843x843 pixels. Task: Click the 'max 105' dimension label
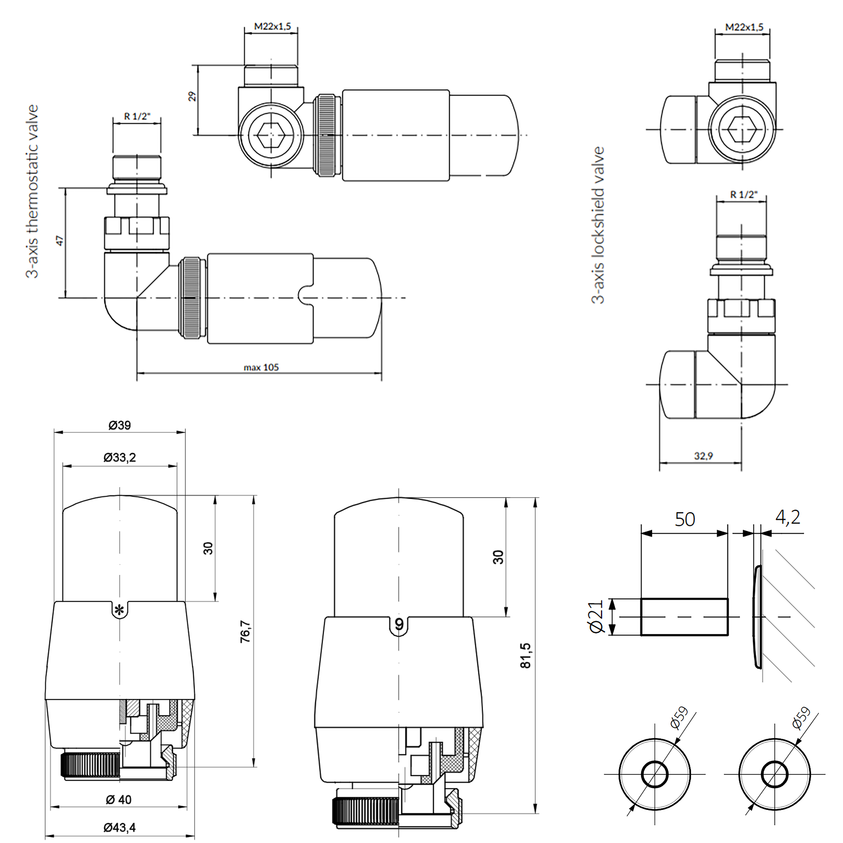coord(261,367)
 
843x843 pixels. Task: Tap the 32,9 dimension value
coord(703,456)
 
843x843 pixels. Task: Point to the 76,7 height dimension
coord(246,631)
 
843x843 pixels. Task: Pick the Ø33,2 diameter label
coord(119,457)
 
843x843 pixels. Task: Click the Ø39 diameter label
coord(119,425)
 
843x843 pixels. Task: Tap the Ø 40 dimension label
coord(119,799)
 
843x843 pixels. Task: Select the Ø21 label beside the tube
coord(596,616)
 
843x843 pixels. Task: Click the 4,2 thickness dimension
coord(788,518)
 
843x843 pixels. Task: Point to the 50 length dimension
coord(685,519)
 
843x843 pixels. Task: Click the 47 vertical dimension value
coord(60,241)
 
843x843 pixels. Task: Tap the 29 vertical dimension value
coord(192,96)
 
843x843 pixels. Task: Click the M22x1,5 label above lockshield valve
coord(744,27)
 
